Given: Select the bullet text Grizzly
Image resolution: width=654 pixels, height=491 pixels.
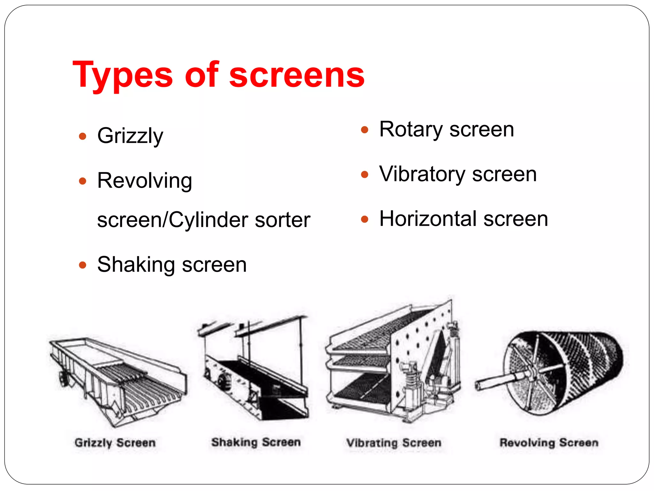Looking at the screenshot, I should coord(130,136).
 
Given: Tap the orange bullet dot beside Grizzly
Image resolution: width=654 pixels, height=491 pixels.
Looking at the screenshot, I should coord(83,136).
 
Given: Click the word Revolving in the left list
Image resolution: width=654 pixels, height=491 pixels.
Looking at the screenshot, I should coord(144,181).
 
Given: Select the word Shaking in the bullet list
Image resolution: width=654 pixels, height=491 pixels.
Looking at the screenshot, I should coord(136,265).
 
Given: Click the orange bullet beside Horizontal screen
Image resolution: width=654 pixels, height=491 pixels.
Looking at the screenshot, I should coord(364,219).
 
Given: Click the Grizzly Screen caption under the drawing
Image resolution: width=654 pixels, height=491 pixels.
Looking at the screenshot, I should coord(115,443).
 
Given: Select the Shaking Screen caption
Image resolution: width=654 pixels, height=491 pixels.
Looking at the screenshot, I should coord(256,442).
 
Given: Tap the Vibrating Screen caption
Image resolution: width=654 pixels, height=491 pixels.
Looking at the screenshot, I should coord(394,443).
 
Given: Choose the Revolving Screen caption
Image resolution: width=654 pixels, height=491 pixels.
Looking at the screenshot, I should coord(549,443).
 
